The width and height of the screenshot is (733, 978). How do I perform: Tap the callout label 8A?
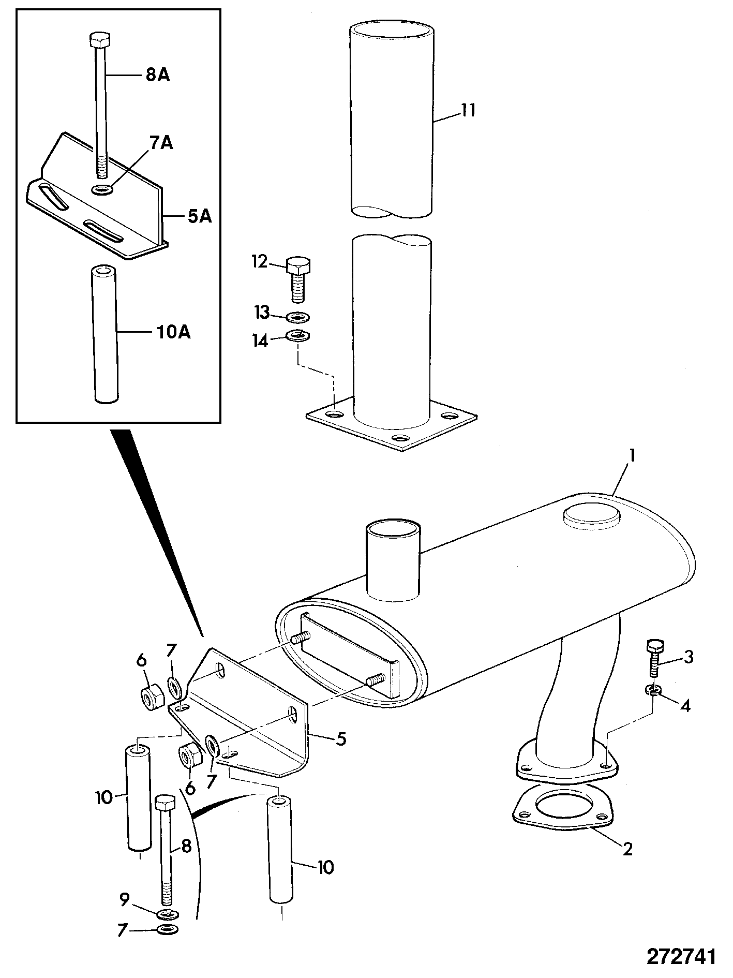tap(157, 76)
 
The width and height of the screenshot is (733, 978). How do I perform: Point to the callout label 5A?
tap(199, 216)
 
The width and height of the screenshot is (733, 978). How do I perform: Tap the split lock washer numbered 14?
tap(297, 336)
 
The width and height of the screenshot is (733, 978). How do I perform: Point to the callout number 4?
tap(685, 706)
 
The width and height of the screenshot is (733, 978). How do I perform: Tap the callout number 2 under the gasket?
tap(627, 849)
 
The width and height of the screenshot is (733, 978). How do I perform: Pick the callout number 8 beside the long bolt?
tap(186, 846)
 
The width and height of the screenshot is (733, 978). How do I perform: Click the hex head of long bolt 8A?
tap(98, 39)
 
